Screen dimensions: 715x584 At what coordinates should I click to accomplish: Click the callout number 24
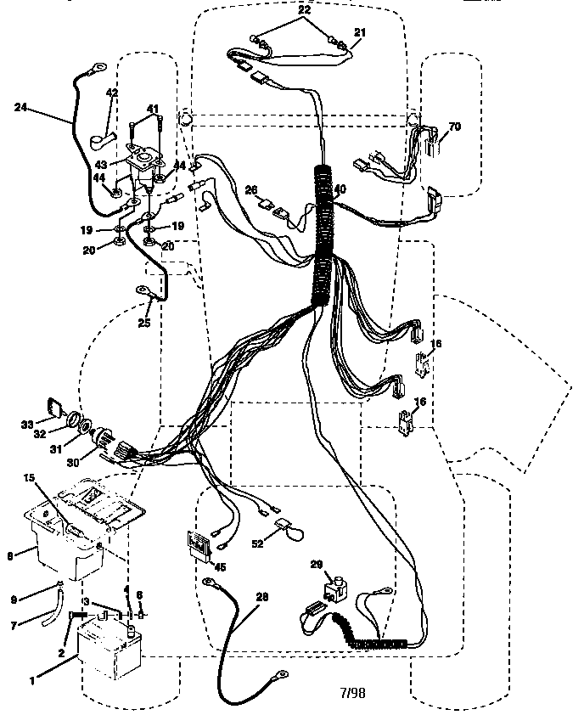(21, 107)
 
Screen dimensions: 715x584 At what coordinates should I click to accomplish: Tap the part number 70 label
(454, 127)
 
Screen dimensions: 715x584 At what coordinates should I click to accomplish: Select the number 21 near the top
(360, 32)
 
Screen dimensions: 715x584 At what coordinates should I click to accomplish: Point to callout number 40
(340, 189)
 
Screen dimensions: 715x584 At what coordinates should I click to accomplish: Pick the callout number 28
(261, 598)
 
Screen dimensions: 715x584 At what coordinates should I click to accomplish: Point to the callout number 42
(111, 93)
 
